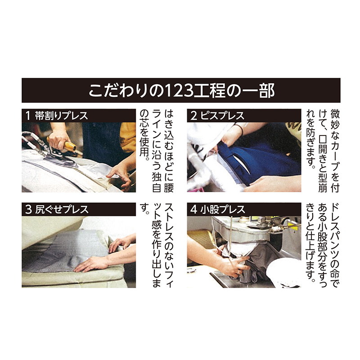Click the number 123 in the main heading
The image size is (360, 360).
pos(179,90)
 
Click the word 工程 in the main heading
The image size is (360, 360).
pos(209,90)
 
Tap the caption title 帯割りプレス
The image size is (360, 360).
pos(62,116)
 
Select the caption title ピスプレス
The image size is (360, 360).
pos(222,116)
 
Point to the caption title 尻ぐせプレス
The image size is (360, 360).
pos(62,209)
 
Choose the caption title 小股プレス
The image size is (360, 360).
pos(223,209)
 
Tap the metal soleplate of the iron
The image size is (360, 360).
pos(62,160)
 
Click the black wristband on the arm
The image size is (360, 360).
pos(240,128)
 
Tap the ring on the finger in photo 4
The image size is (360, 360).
pos(239,272)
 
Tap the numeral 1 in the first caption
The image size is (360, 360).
pos(28,116)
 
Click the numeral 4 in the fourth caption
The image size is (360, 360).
pos(193,209)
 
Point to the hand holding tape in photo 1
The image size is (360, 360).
pos(119,177)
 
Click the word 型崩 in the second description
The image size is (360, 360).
pos(323,181)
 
